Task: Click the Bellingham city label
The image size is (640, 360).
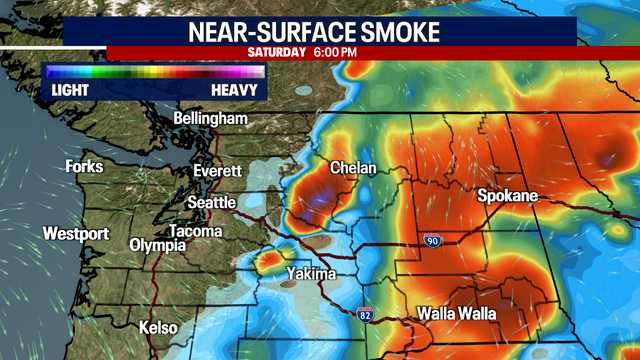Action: pyautogui.click(x=210, y=119)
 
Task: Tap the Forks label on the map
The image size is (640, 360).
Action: pyautogui.click(x=85, y=166)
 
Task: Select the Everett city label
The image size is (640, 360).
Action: pyautogui.click(x=219, y=170)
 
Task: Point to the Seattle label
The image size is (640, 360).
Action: pyautogui.click(x=213, y=203)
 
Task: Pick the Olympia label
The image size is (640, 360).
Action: pyautogui.click(x=157, y=245)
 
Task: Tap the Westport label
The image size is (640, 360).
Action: pyautogui.click(x=75, y=234)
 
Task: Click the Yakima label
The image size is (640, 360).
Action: pyautogui.click(x=312, y=273)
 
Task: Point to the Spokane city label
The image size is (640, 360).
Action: pyautogui.click(x=508, y=195)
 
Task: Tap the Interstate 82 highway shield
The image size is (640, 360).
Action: pyautogui.click(x=367, y=315)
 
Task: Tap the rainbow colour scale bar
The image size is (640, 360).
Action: pyautogui.click(x=152, y=72)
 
